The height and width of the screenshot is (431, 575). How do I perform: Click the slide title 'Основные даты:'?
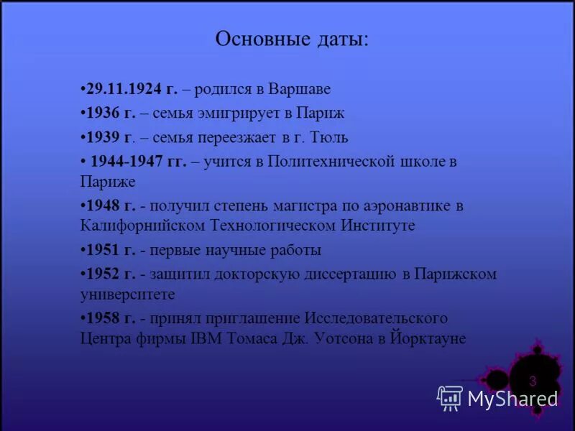[x=292, y=40]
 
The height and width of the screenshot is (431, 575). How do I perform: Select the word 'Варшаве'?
[x=300, y=90]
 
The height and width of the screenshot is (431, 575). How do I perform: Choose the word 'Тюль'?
[x=331, y=136]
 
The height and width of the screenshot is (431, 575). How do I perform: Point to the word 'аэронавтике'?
[x=407, y=205]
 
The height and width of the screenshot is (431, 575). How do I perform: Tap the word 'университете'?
[x=127, y=294]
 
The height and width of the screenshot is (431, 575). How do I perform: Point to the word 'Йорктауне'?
[x=428, y=338]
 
